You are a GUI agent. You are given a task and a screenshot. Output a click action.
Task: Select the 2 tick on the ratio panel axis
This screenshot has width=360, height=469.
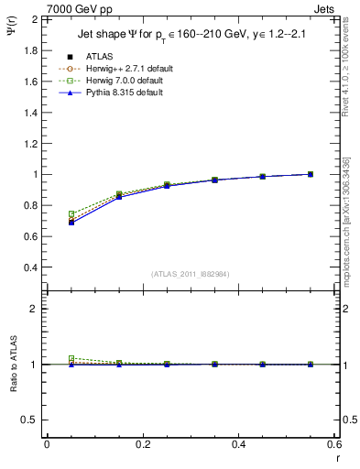[x=37, y=310]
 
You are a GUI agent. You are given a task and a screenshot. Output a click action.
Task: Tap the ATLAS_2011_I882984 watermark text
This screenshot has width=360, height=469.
[x=190, y=274]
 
